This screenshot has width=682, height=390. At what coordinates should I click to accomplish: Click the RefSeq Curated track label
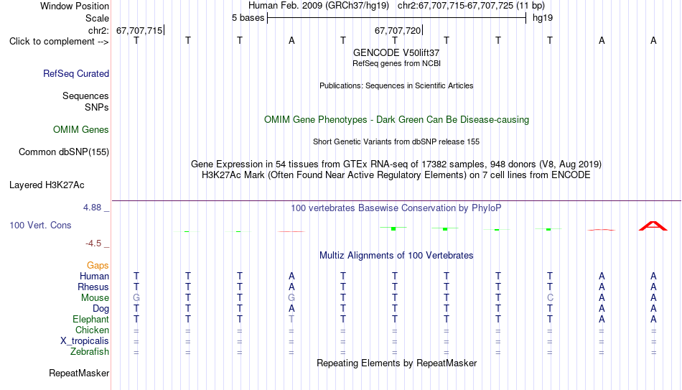[x=76, y=73]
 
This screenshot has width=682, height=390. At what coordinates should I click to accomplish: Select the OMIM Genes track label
[x=81, y=130]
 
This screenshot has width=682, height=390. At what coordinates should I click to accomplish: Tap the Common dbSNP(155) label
[x=64, y=152]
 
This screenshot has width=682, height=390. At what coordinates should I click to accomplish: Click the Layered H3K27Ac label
[x=47, y=185]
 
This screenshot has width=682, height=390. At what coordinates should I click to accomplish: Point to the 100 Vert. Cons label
[x=40, y=225]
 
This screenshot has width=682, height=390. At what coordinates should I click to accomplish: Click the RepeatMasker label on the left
[x=79, y=373]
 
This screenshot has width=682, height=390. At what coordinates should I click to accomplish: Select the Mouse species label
[x=95, y=298]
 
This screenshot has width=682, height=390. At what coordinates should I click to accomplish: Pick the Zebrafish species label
[x=90, y=351]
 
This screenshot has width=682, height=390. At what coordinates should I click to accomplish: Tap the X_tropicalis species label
[x=85, y=341]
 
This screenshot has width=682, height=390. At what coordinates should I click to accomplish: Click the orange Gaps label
[x=98, y=266]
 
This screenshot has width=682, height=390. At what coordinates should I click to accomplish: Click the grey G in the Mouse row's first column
[x=136, y=298]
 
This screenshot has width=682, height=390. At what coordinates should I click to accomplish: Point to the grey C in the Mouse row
[x=550, y=298]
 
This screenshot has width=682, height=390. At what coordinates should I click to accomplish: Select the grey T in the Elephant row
[x=291, y=319]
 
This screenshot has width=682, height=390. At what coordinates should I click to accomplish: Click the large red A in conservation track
[x=653, y=226]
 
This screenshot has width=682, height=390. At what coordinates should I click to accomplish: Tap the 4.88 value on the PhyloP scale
[x=92, y=208]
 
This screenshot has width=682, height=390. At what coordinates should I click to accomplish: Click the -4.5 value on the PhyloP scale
[x=93, y=243]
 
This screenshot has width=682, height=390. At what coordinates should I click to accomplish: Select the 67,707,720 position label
[x=398, y=30]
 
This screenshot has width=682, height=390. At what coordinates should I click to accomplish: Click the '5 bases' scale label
[x=248, y=18]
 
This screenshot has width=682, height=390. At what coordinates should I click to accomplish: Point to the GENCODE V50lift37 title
[x=396, y=52]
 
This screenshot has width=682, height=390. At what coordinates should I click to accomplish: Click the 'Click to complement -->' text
[x=59, y=42]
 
